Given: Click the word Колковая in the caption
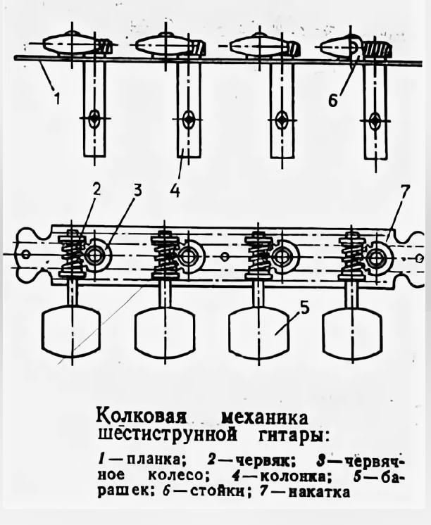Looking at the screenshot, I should (x=135, y=410).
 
